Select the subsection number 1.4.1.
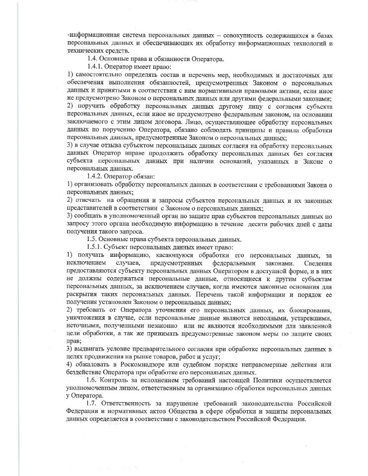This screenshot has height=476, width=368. (96, 67)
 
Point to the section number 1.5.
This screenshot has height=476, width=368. (93, 238)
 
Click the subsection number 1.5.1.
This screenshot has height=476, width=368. (96, 246)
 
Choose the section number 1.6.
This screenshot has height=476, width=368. (93, 381)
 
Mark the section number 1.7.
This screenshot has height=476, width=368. (93, 404)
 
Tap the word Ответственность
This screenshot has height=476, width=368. (131, 404)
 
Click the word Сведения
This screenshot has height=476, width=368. (316, 263)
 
